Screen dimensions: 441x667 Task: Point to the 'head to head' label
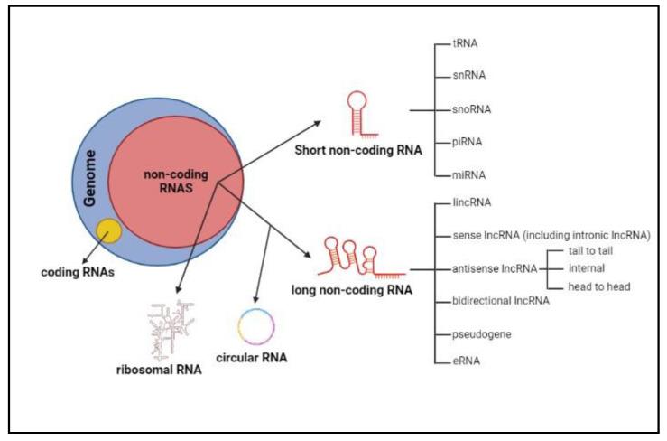597,286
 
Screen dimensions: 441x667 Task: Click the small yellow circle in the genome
110,231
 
